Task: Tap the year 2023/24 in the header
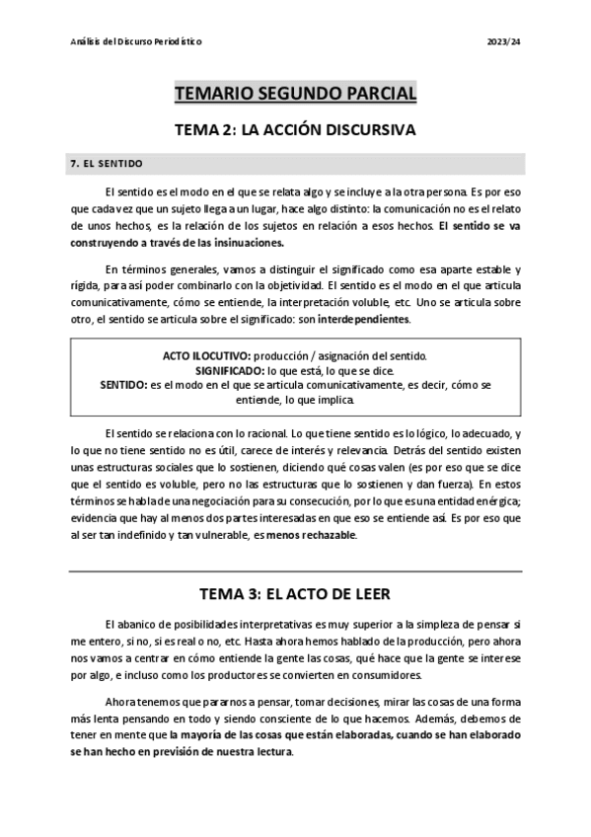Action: pos(506,43)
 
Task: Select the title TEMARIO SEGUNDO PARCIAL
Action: pos(295,94)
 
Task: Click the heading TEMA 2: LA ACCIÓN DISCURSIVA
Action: pos(295,129)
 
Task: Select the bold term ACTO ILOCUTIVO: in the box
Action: pos(207,354)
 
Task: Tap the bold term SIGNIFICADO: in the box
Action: pos(237,369)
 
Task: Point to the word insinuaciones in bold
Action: pos(243,243)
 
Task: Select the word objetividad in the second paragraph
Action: pos(291,284)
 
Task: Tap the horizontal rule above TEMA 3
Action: pos(295,571)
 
